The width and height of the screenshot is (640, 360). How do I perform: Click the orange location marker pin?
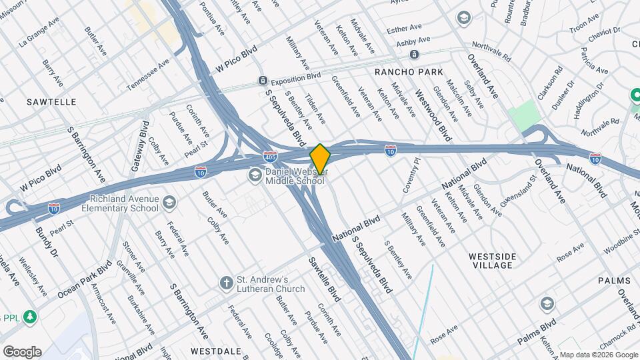[x=320, y=159]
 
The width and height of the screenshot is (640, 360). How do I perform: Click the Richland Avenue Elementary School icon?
[x=170, y=202]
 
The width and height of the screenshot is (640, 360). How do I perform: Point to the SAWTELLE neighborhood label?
[x=51, y=102]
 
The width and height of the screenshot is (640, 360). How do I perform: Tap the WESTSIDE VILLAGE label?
[x=493, y=261]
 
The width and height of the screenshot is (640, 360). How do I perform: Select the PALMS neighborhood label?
[x=614, y=281]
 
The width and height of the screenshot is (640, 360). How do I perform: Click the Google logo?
[x=22, y=351]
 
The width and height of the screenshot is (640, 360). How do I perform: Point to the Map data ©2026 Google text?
[x=598, y=354]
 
